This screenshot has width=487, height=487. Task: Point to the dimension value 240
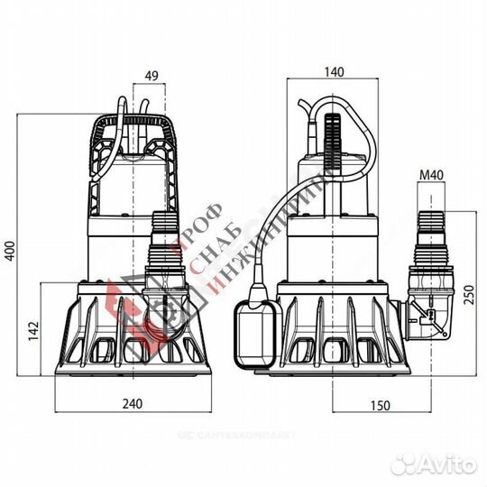133,406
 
